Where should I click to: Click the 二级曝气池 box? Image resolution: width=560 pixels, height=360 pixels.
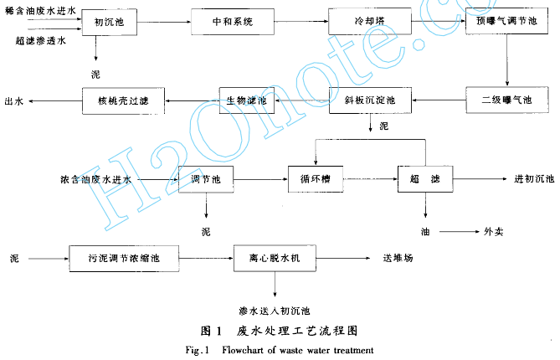click(x=501, y=100)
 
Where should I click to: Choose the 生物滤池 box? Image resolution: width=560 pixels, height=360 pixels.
click(x=246, y=100)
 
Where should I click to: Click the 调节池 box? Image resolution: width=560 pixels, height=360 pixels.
click(x=205, y=180)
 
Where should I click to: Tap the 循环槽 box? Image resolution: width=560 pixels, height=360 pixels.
click(x=311, y=179)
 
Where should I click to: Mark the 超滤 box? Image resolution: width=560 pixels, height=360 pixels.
click(x=425, y=179)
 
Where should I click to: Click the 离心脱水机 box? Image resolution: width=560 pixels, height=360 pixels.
click(x=275, y=259)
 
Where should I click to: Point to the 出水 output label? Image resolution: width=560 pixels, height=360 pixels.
click(x=14, y=101)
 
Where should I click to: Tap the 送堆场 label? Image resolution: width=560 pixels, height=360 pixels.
click(x=397, y=259)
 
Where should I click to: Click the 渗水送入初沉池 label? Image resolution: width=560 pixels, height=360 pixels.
click(x=274, y=310)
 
